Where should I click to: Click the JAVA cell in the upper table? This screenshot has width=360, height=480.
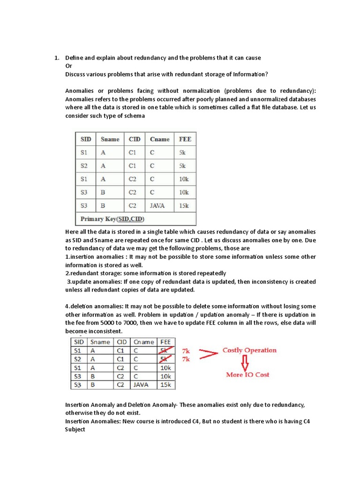point(157,205)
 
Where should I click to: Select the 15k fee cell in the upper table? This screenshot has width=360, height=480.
point(183,205)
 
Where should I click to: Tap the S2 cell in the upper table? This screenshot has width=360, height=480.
point(84,166)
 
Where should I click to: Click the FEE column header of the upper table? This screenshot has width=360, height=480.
point(185,139)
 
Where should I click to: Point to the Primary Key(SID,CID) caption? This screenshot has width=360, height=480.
point(112,219)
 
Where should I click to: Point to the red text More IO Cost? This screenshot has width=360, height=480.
point(247,375)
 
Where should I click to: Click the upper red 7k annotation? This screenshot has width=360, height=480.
point(187,350)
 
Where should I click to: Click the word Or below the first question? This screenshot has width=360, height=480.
point(68,66)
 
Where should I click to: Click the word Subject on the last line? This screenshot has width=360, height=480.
point(75,429)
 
